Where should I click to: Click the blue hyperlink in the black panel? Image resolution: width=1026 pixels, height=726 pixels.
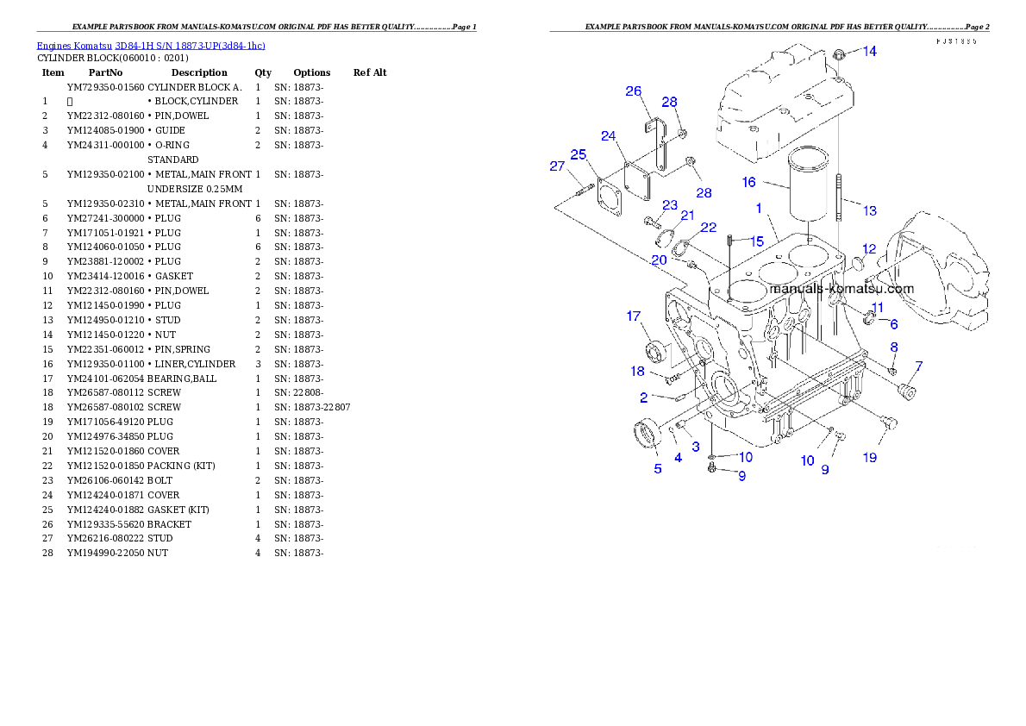[x=151, y=45]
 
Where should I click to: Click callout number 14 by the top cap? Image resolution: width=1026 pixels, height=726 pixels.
[x=870, y=51]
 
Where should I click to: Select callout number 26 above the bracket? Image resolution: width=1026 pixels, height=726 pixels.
[x=634, y=91]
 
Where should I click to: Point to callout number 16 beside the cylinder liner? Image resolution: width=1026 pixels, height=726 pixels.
[x=748, y=182]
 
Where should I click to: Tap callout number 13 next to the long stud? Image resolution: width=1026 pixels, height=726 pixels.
[x=869, y=210]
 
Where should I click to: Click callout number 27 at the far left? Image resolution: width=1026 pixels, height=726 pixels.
[x=557, y=166]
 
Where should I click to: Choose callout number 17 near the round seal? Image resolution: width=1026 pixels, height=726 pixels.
[x=634, y=316]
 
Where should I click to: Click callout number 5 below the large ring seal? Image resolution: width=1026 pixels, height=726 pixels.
[x=658, y=469]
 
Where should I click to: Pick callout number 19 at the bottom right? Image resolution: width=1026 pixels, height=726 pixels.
[x=870, y=457]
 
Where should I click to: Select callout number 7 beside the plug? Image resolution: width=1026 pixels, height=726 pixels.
[x=918, y=366]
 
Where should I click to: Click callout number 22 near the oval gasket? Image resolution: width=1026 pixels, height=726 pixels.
[x=708, y=228]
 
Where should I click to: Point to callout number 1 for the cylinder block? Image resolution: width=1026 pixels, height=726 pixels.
[x=759, y=208]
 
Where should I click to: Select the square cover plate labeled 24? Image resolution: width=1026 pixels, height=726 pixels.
[x=640, y=180]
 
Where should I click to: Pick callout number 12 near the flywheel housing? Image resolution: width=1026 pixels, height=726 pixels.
[x=869, y=249]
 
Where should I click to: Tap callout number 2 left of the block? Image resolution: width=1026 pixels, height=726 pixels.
[x=643, y=397]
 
